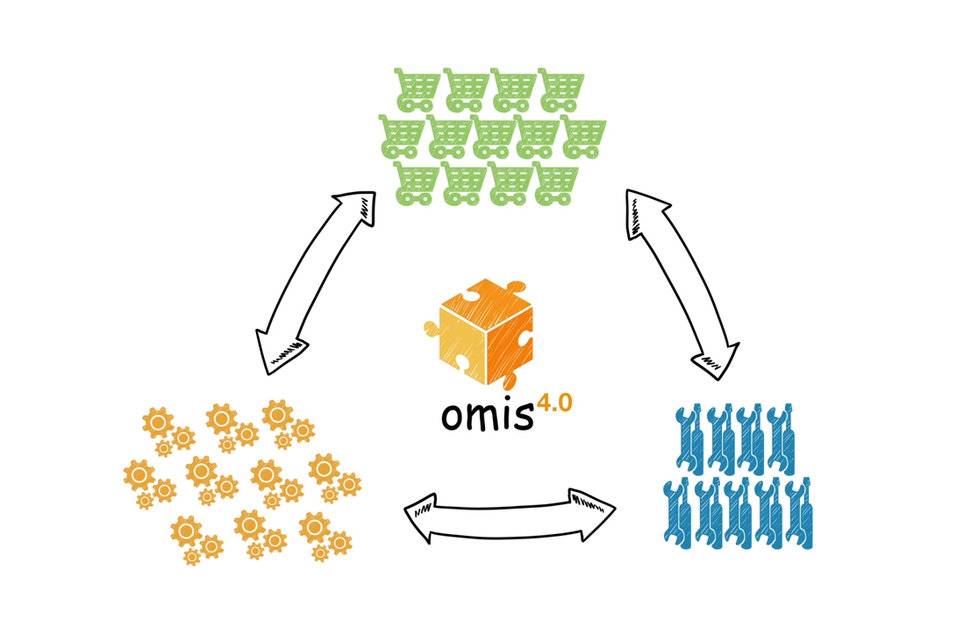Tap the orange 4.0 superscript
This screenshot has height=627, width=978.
[x=554, y=403]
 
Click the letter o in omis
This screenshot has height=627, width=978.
[x=453, y=418]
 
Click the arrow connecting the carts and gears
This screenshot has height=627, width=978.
[x=316, y=282]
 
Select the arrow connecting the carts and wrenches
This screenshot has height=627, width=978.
[x=683, y=284]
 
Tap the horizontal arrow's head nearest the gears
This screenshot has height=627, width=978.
[x=421, y=516]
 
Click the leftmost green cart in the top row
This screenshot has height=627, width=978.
[x=418, y=89]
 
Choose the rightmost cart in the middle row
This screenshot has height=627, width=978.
[x=583, y=136]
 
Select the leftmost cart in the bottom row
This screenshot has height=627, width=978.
[x=416, y=182]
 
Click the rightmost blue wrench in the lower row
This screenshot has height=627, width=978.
[x=798, y=513]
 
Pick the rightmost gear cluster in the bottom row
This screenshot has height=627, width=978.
[x=325, y=536]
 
